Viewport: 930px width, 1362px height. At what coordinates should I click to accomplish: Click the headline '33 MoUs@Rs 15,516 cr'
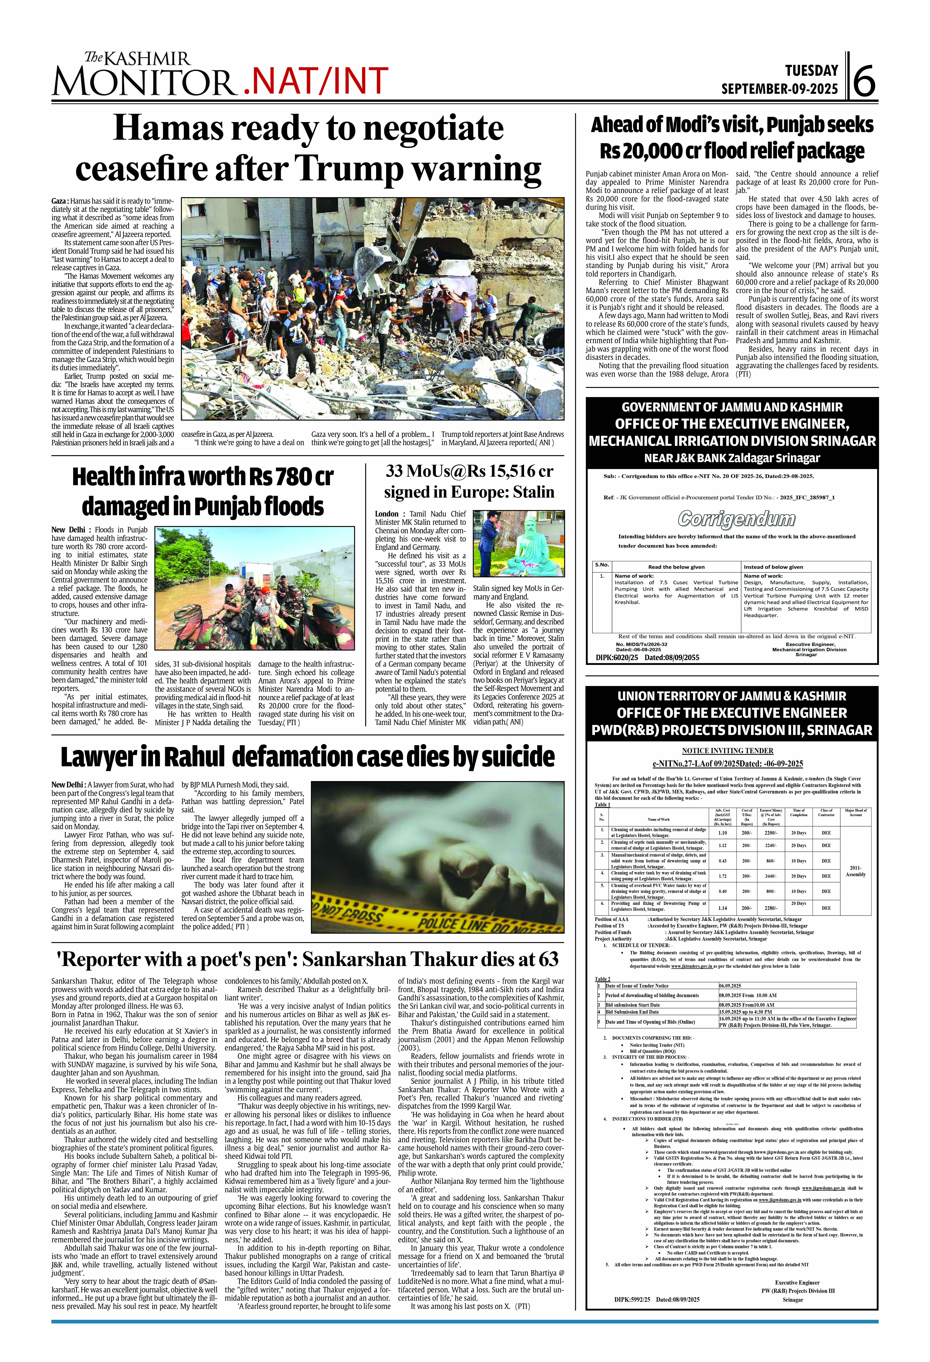469,471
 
